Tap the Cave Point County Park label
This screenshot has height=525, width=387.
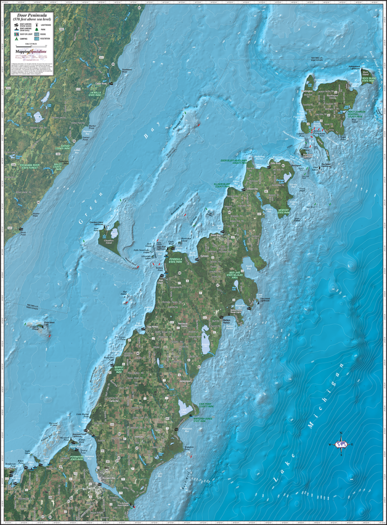[204, 406]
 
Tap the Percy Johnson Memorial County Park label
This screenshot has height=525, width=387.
[353, 114]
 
